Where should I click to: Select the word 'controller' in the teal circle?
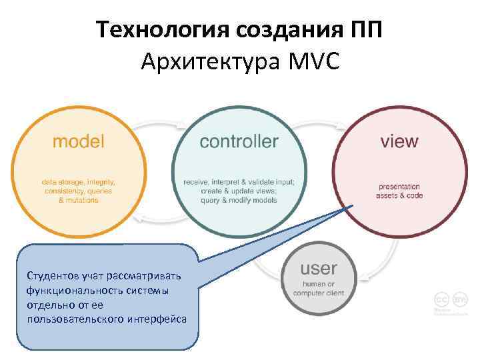(239, 141)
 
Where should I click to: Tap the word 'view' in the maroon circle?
(399, 141)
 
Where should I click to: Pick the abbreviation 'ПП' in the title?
(365, 30)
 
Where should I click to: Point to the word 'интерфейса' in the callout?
(154, 319)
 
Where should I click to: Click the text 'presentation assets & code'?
(399, 191)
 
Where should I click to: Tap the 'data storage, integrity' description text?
(79, 181)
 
